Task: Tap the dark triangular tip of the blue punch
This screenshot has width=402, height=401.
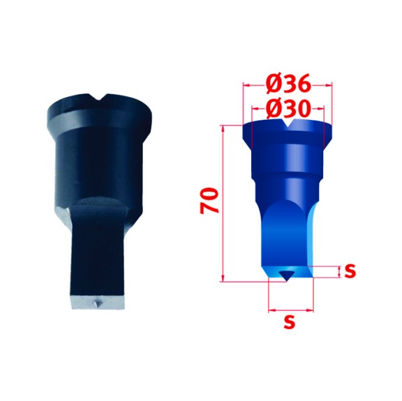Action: (286, 275)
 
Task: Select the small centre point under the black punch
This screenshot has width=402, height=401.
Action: (97, 304)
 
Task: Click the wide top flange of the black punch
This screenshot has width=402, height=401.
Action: (101, 112)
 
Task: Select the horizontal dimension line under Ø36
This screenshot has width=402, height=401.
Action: (287, 88)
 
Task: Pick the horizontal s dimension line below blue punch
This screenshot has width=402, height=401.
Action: (291, 307)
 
